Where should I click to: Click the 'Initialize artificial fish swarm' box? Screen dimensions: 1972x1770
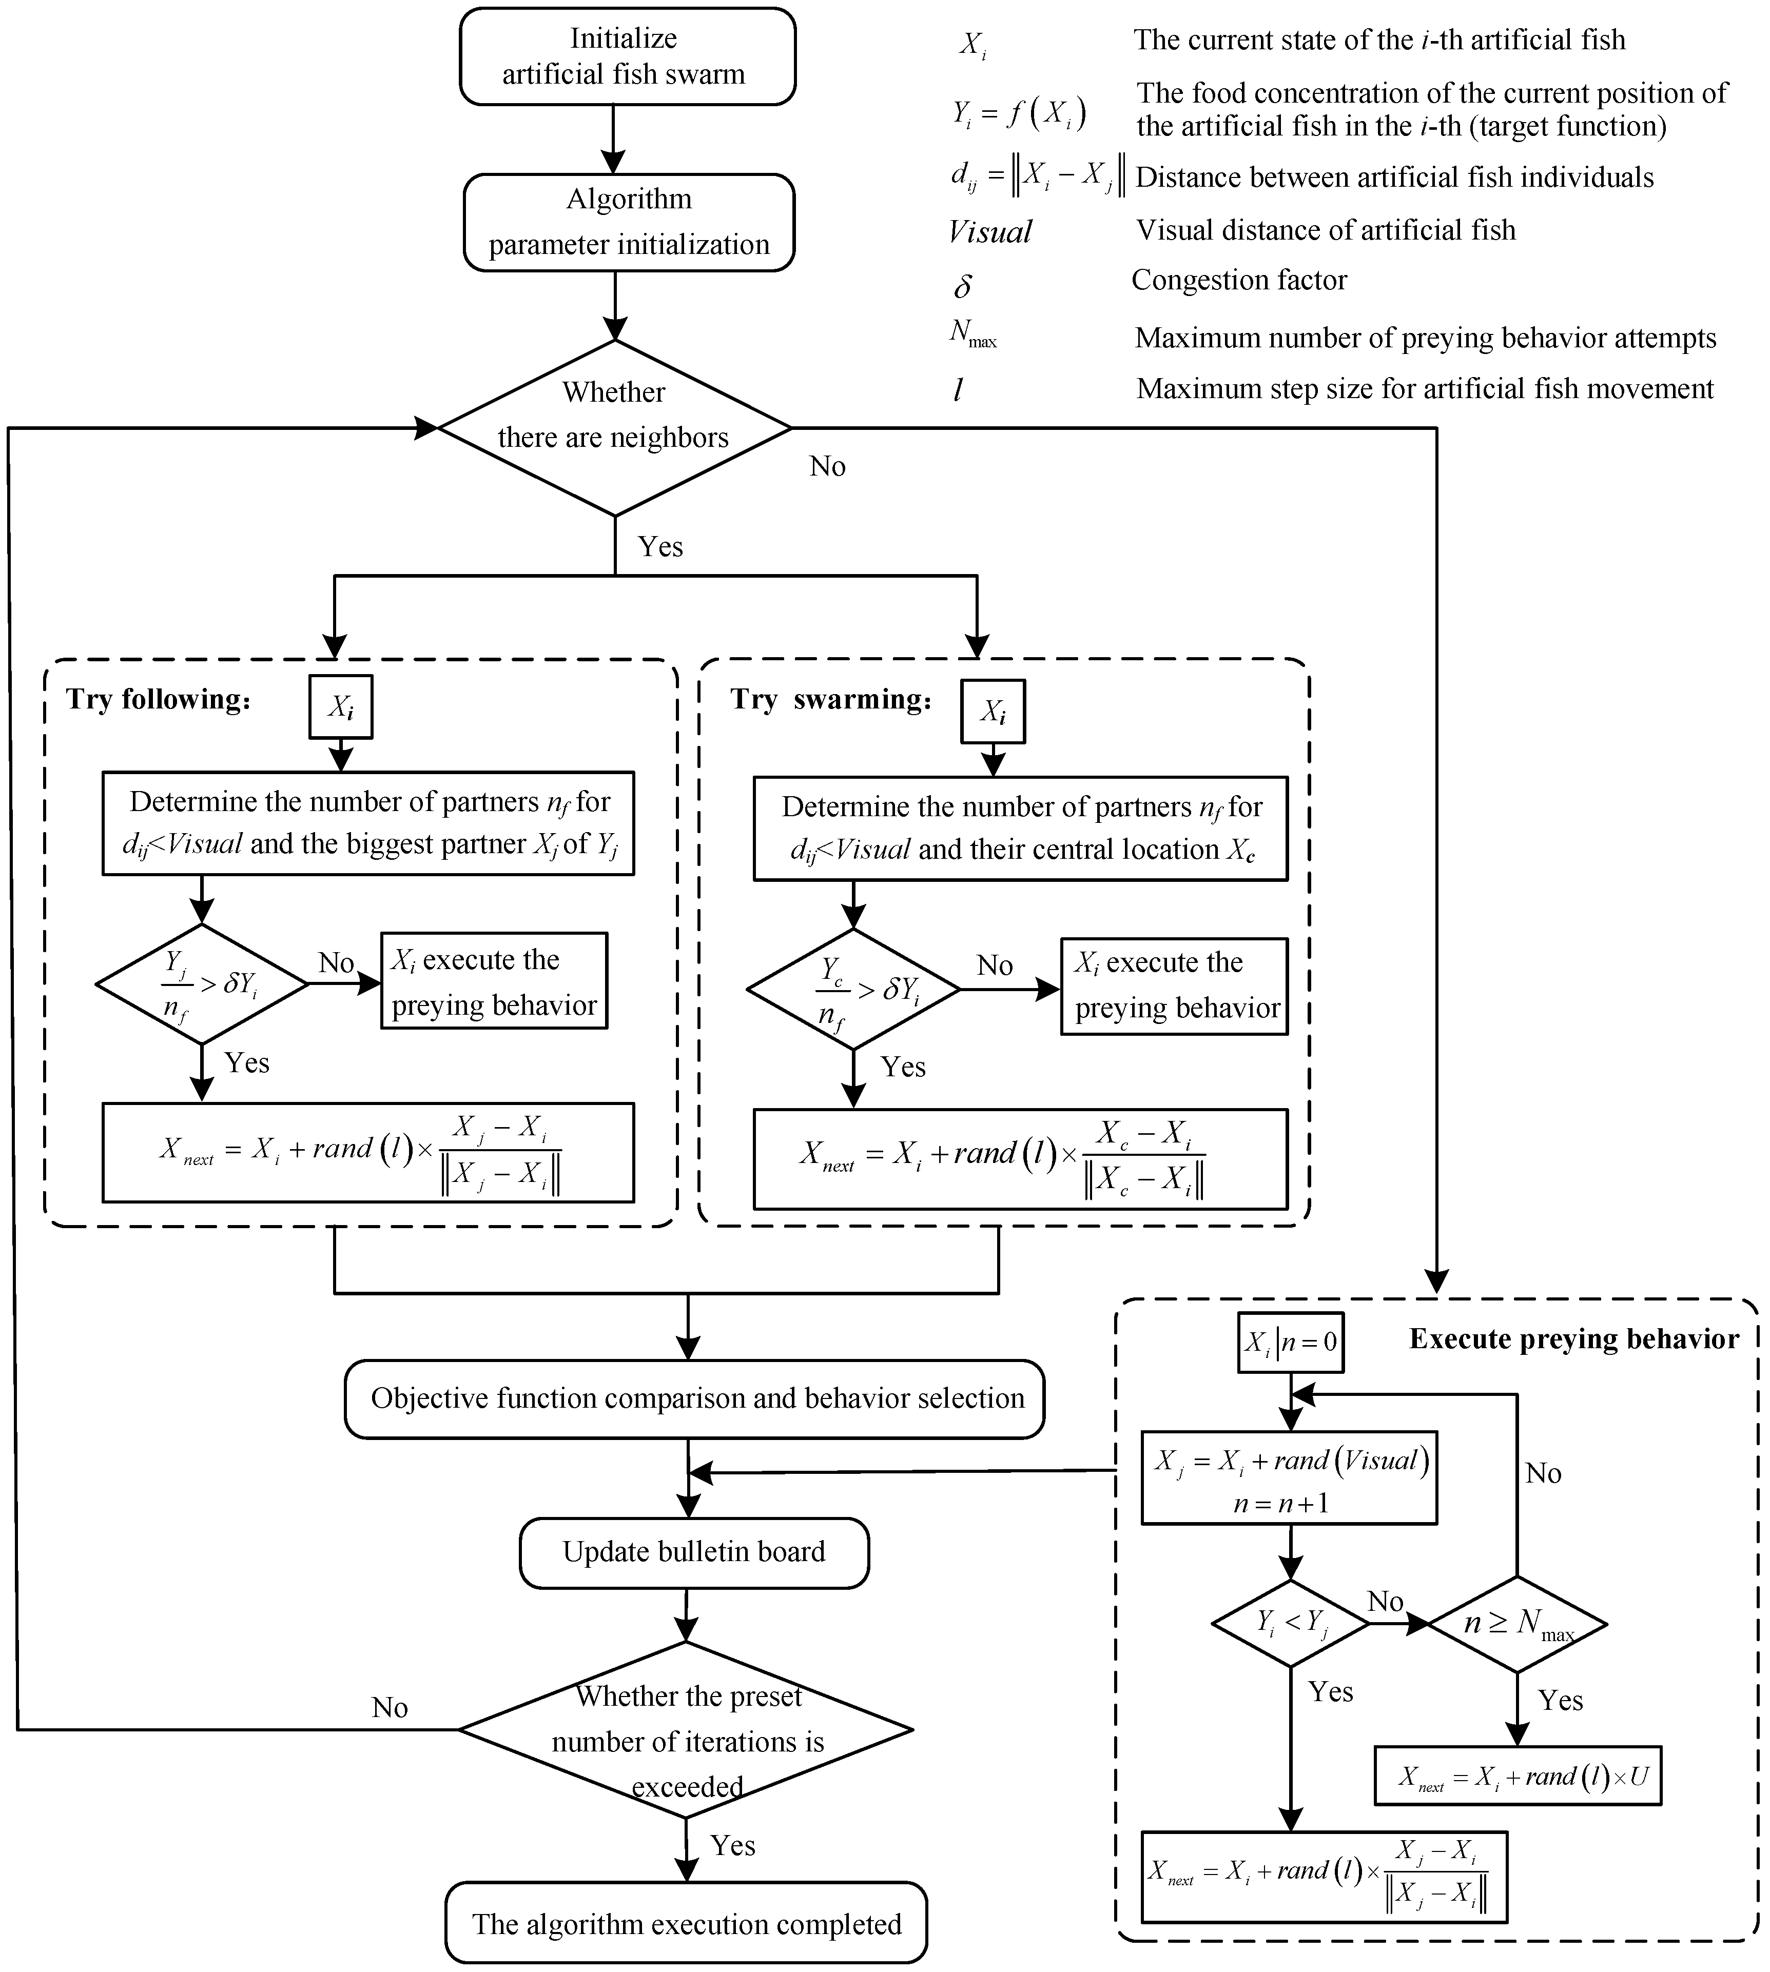[627, 56]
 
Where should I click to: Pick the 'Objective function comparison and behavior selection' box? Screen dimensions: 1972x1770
[694, 1398]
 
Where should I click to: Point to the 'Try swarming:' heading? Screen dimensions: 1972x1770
[831, 699]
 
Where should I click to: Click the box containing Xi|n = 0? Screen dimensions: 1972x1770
[1291, 1343]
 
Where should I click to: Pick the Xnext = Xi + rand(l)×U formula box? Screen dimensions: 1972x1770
[1517, 1777]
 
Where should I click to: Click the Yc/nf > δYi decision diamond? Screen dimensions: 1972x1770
[853, 989]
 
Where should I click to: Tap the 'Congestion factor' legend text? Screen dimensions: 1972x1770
[1239, 280]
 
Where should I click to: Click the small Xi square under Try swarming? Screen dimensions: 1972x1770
[992, 712]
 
